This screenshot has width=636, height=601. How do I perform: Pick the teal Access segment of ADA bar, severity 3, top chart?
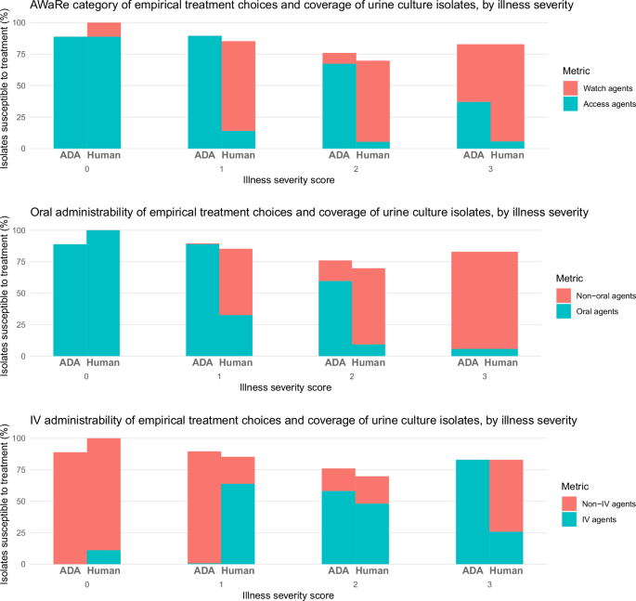[474, 124]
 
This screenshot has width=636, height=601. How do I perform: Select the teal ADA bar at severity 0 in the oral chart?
[71, 300]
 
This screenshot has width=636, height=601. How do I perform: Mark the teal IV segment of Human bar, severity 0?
[104, 556]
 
